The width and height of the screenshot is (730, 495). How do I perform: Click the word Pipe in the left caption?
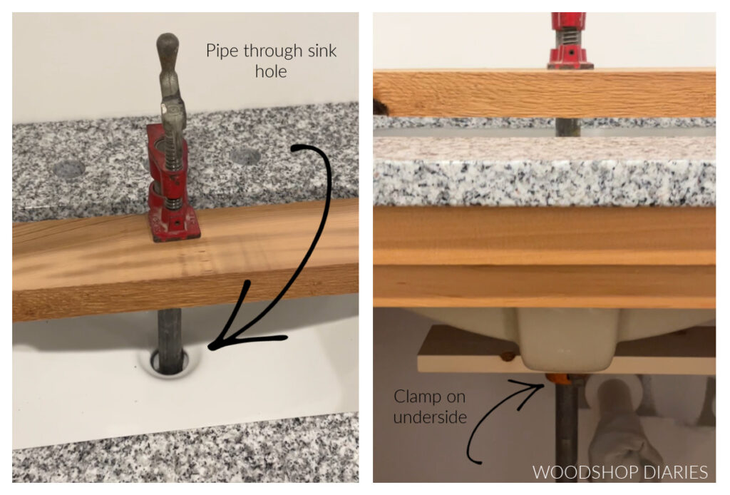tap(222, 51)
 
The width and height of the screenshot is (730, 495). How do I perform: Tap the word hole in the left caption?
tap(271, 71)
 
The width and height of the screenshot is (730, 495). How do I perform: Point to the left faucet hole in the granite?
tap(68, 169)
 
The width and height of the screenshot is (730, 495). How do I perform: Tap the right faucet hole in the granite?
tap(245, 156)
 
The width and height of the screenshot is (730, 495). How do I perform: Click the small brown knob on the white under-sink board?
tap(507, 354)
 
